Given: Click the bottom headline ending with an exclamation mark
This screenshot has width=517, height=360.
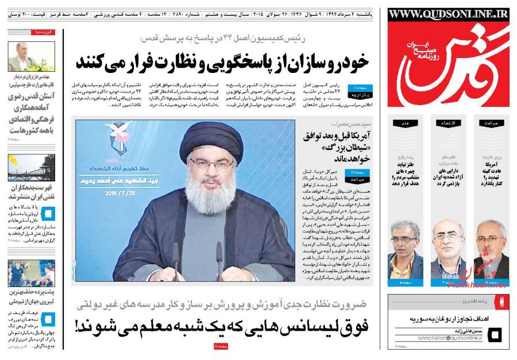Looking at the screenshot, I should tap(224, 328).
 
